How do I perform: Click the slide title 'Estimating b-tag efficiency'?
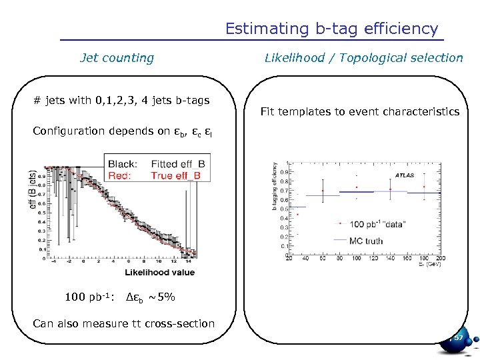pos(331,29)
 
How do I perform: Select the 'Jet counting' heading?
pos(117,58)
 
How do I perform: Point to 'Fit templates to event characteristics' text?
pos(359,111)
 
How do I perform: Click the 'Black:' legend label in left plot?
pos(122,163)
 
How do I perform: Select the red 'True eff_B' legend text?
pos(178,175)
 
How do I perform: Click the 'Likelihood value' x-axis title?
pos(159,272)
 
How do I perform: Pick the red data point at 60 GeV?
pos(323,191)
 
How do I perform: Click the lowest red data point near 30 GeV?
pos(297,215)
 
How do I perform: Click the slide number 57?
pos(458,339)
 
